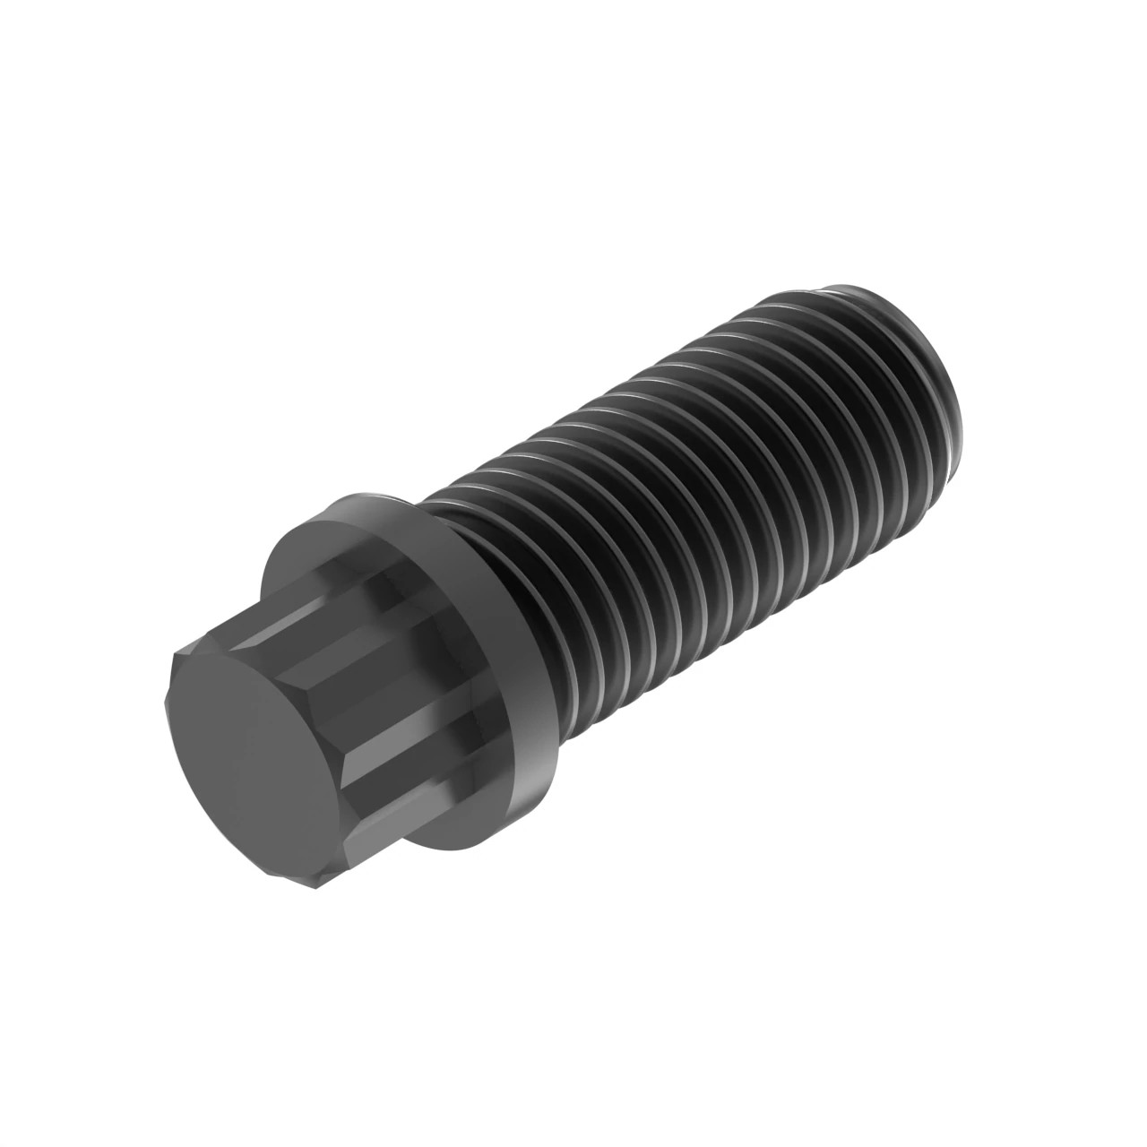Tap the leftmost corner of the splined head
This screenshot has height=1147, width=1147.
point(172,663)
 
